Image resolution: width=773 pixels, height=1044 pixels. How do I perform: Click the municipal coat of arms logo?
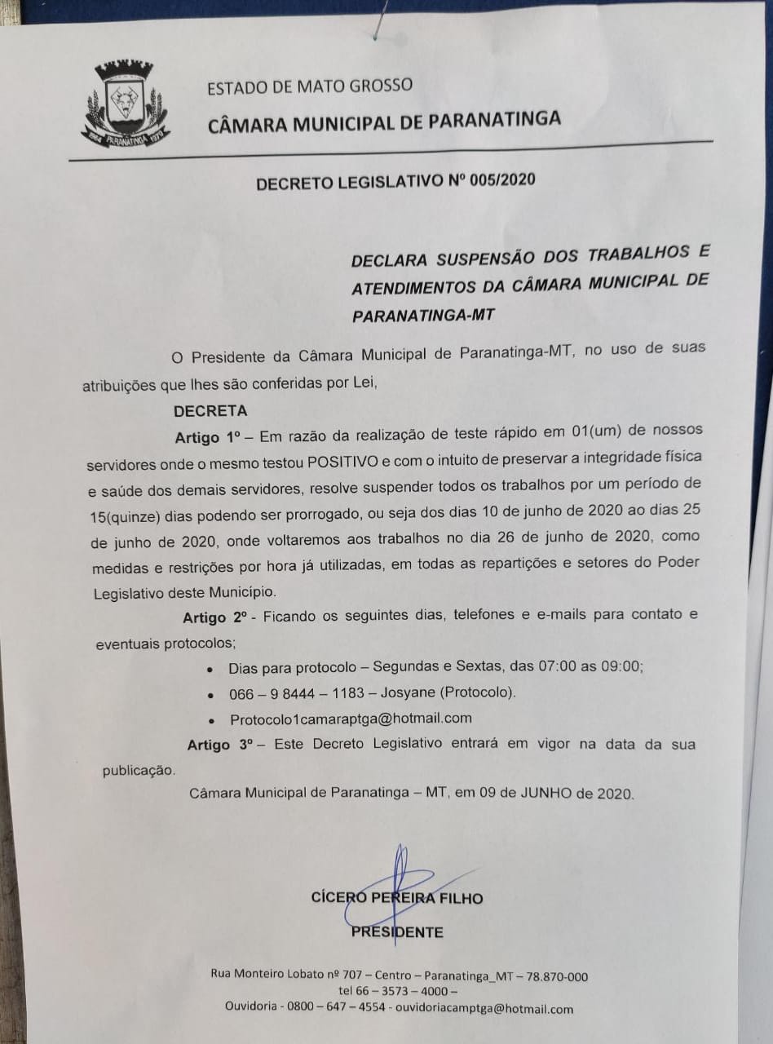125,104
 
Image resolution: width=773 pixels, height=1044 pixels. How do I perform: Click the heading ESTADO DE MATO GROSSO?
309,86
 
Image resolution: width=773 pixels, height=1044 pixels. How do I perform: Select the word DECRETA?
210,411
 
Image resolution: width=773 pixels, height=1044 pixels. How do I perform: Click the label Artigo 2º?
216,616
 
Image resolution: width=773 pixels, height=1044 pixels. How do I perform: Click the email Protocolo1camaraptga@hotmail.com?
351,719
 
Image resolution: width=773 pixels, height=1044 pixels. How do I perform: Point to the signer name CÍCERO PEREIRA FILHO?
397,898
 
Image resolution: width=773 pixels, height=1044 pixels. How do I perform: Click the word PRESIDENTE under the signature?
397,932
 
